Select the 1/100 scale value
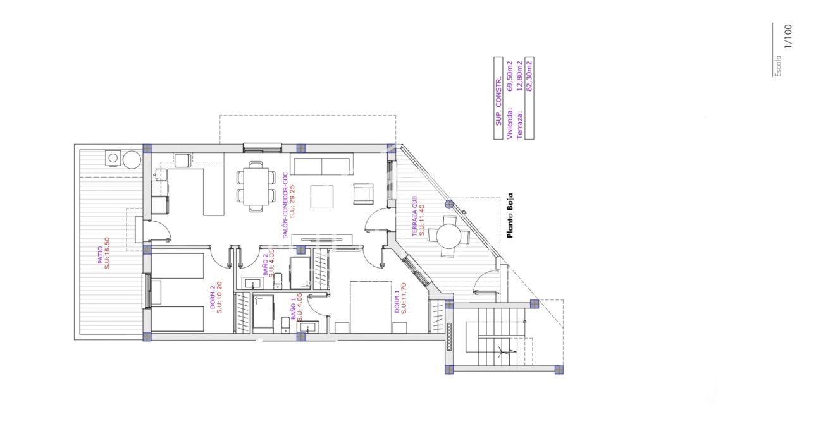(x=788, y=36)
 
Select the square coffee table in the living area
(x=323, y=196)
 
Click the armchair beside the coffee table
(x=364, y=194)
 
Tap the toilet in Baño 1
(x=285, y=325)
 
